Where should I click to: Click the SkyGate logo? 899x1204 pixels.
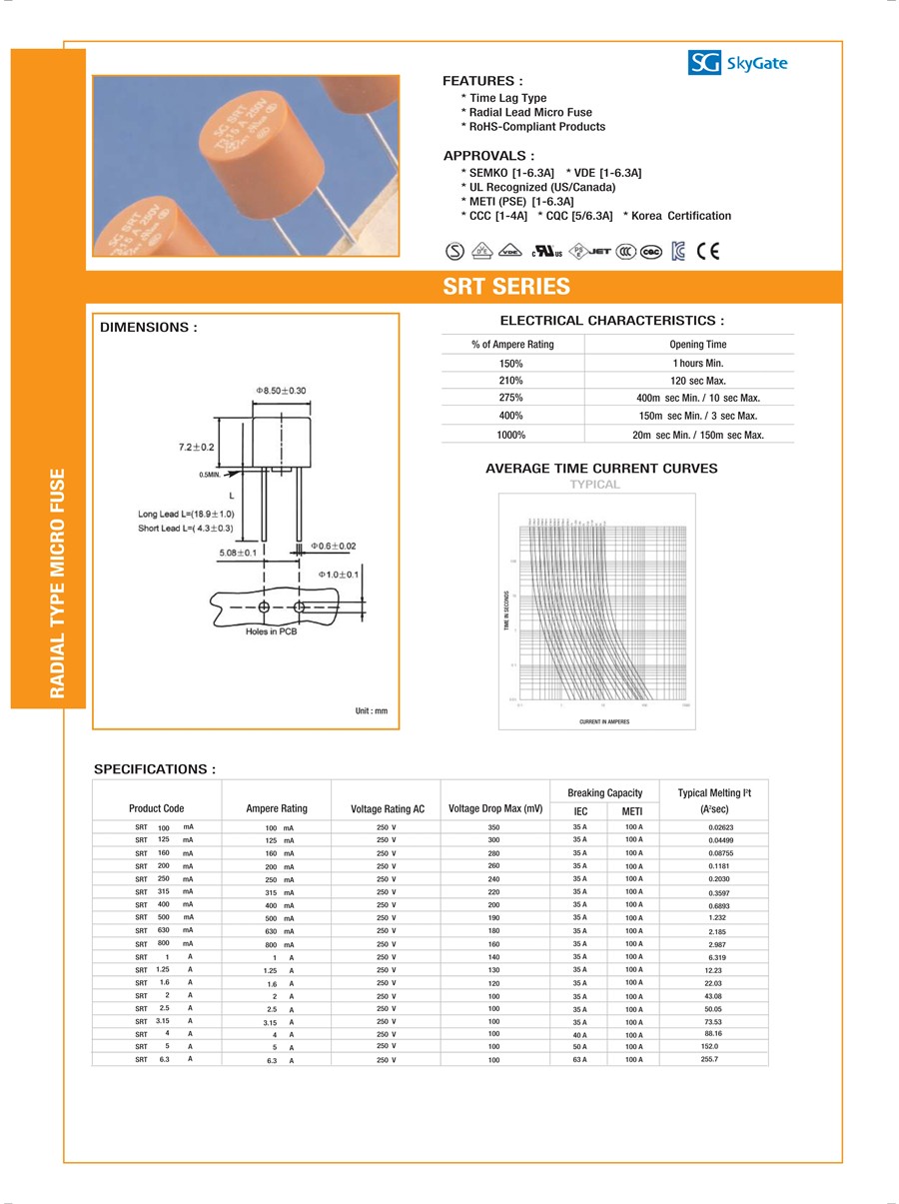[x=738, y=63]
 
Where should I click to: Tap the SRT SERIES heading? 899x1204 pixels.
[x=506, y=287]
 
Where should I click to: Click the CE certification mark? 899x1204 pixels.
[x=708, y=251]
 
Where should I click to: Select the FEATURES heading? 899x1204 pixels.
[x=482, y=81]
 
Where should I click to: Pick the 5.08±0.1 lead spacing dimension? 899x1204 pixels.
[x=238, y=552]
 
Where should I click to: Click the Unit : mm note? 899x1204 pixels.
[x=371, y=710]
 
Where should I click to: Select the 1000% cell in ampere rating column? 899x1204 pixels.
[x=511, y=435]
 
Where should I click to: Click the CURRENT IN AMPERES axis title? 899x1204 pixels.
[x=604, y=721]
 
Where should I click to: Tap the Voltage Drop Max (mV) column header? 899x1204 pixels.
[x=495, y=808]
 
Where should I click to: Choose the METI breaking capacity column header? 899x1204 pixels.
[x=632, y=811]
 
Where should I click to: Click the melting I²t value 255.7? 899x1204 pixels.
[x=710, y=1058]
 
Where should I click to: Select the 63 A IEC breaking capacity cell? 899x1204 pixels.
[x=579, y=1059]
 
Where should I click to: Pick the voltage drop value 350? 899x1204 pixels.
[x=493, y=828]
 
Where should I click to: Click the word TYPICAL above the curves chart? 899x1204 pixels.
[x=595, y=485]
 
